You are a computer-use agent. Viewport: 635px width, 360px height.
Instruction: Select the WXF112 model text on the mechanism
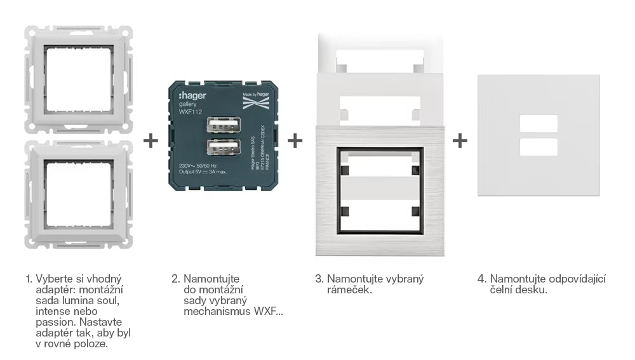pos(182,112)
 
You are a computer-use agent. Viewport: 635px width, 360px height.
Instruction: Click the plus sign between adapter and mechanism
pos(150,140)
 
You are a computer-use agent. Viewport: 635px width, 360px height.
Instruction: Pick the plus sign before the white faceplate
pos(460,140)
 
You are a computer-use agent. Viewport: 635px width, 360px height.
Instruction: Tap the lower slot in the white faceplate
pos(538,147)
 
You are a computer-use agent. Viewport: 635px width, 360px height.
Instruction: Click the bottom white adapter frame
pos(78,192)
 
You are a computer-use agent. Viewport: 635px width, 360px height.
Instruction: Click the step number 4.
pos(481,279)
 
